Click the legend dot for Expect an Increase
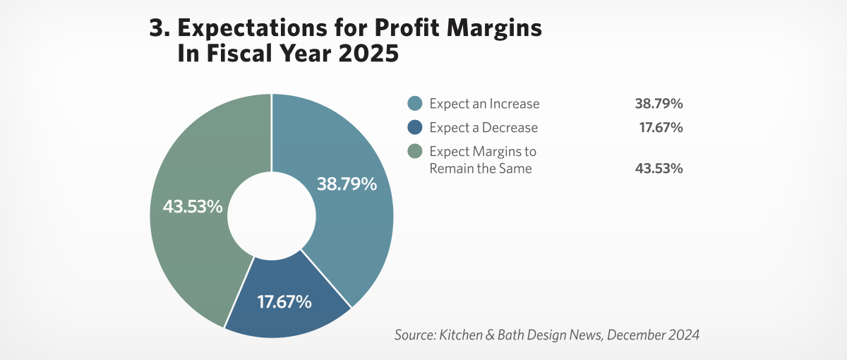coord(415,104)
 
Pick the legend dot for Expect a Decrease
coord(415,128)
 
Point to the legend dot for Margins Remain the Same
coord(415,151)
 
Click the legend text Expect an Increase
coord(484,104)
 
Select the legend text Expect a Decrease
coord(483,128)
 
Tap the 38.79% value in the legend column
coord(659,104)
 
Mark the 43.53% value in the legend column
coord(659,169)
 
